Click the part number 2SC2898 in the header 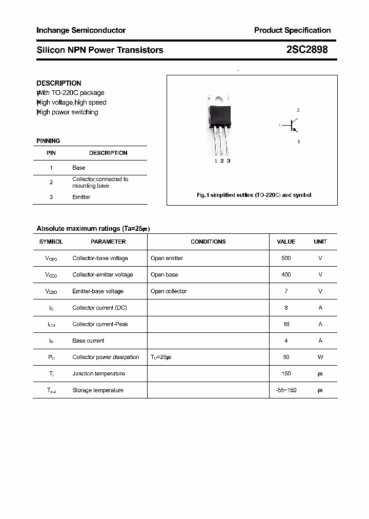pyautogui.click(x=307, y=50)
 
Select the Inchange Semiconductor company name pyautogui.click(x=81, y=30)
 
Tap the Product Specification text pyautogui.click(x=292, y=30)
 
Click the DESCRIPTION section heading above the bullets pyautogui.click(x=59, y=83)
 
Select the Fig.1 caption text pyautogui.click(x=254, y=195)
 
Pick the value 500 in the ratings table pyautogui.click(x=286, y=258)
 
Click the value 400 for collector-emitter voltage pyautogui.click(x=286, y=274)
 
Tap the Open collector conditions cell pyautogui.click(x=169, y=291)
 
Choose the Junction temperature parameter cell pyautogui.click(x=98, y=373)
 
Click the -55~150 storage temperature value pyautogui.click(x=286, y=390)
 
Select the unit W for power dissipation pyautogui.click(x=320, y=357)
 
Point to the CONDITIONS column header pyautogui.click(x=208, y=242)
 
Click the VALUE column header pyautogui.click(x=286, y=242)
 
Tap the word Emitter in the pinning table pyautogui.click(x=81, y=197)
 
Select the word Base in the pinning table pyautogui.click(x=79, y=168)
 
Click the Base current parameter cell pyautogui.click(x=88, y=341)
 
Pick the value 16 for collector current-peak pyautogui.click(x=286, y=324)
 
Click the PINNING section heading pyautogui.click(x=48, y=141)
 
